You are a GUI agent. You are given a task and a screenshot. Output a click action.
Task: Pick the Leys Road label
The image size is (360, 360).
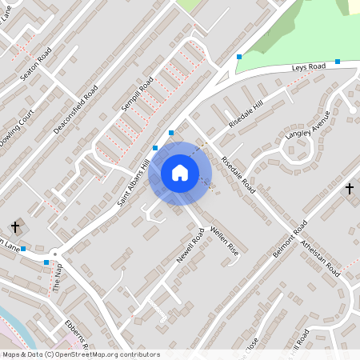click(x=310, y=70)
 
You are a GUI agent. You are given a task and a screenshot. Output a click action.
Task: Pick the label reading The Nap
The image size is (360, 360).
click(x=57, y=281)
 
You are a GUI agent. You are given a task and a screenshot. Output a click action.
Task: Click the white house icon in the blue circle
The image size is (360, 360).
click(x=180, y=173)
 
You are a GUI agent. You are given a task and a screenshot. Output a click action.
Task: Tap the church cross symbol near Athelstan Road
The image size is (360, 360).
click(x=349, y=189)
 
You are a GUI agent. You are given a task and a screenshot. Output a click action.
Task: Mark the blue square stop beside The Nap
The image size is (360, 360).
click(x=46, y=262)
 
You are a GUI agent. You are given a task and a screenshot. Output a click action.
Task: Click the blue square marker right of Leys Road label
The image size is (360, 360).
click(x=338, y=62)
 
